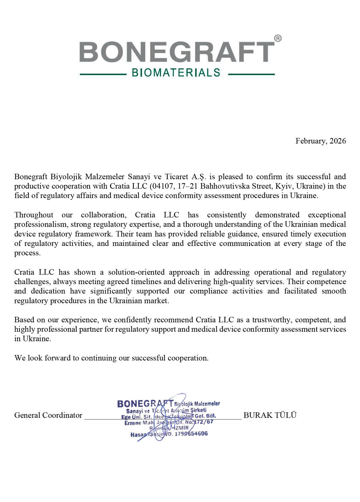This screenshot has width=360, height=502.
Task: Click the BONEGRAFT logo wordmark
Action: (x=177, y=52)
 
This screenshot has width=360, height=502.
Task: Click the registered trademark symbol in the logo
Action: (x=278, y=38)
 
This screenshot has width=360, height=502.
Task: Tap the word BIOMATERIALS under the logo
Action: (x=176, y=73)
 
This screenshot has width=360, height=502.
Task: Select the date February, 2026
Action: (x=321, y=141)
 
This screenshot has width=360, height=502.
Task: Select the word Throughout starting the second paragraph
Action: (x=33, y=215)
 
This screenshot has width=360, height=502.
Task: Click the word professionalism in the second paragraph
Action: (x=40, y=224)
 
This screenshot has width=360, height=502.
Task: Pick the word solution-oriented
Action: (x=136, y=272)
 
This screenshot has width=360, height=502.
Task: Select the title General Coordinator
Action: (x=48, y=415)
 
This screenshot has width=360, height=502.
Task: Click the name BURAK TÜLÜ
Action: (x=270, y=415)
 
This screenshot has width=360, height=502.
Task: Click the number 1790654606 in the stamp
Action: (x=191, y=434)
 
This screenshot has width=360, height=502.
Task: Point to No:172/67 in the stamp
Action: (x=199, y=422)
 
